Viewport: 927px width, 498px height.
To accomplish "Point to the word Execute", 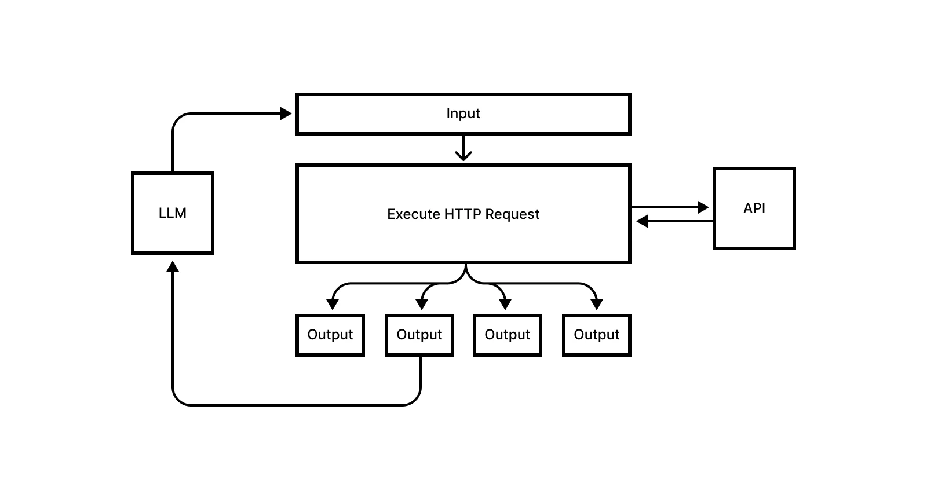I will click(413, 214).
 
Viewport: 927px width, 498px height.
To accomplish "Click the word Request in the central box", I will click(512, 214).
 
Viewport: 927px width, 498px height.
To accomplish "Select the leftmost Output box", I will click(330, 335).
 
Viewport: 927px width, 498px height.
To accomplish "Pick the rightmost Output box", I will click(597, 335).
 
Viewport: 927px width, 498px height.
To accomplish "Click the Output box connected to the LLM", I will click(419, 335).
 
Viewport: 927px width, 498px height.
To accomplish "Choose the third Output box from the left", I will click(508, 335).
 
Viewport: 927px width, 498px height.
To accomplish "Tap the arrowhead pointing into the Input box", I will click(286, 113).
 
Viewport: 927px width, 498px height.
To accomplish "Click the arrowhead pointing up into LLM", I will click(173, 266).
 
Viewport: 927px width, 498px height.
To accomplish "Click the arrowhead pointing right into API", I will click(703, 207).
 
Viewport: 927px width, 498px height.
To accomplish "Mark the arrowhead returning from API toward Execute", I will click(641, 221).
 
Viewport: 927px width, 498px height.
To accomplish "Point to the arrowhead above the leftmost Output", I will click(333, 304).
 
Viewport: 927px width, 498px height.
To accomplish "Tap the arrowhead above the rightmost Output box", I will click(597, 304).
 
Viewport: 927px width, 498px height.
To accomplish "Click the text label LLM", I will click(173, 213).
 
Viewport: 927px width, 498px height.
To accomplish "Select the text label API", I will click(754, 208).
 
